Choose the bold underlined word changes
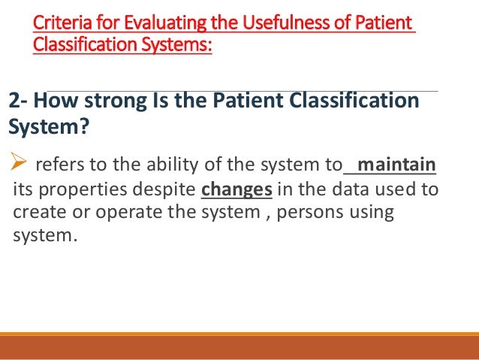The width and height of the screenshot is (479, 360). pyautogui.click(x=236, y=189)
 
